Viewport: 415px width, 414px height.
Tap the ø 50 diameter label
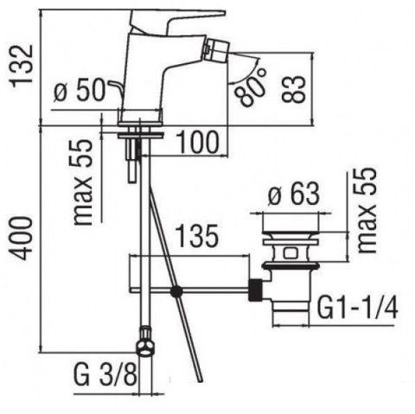click(80, 91)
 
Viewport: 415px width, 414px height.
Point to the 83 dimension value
click(293, 89)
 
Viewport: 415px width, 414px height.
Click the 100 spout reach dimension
click(197, 142)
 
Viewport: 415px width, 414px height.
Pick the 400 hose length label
click(21, 239)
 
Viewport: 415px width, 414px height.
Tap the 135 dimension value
click(197, 236)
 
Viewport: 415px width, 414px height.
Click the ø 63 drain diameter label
click(294, 194)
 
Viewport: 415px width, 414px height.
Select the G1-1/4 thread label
click(357, 308)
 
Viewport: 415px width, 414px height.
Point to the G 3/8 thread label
click(105, 374)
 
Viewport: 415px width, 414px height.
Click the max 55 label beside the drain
click(366, 210)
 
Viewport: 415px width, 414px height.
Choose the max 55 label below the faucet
click(82, 182)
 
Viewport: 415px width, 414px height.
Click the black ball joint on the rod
click(176, 291)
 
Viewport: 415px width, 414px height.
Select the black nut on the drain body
click(255, 290)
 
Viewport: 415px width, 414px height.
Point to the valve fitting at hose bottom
click(146, 342)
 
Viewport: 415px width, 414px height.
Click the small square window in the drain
click(290, 253)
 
